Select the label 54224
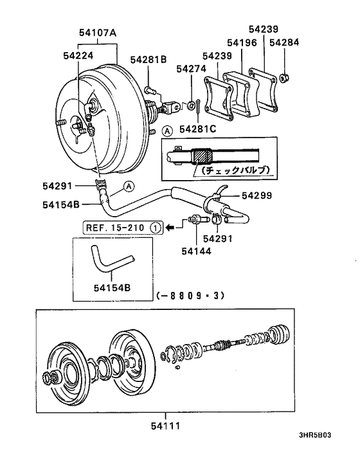79,57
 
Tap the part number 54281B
148,59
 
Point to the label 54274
191,68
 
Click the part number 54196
238,44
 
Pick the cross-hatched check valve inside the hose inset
206,156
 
